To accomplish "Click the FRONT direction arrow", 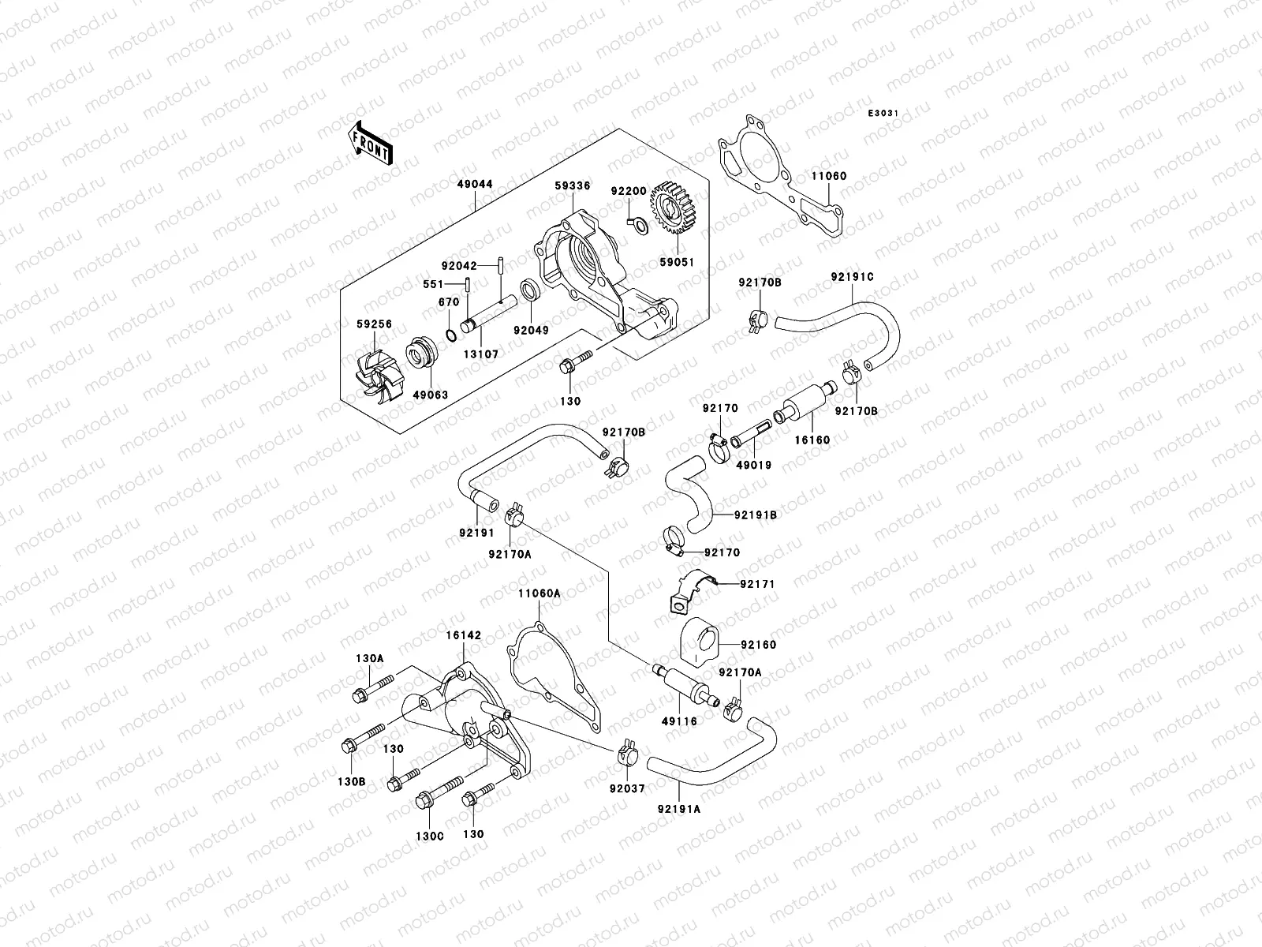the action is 370,144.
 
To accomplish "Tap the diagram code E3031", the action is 883,114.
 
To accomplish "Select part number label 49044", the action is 475,184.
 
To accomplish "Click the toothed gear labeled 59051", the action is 674,208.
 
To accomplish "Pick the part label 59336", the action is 572,185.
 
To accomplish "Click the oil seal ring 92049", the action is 530,291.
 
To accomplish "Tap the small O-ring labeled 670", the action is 451,335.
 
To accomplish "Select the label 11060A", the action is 539,593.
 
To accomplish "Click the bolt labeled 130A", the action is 373,687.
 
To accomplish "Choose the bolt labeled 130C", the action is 439,792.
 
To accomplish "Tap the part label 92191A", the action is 679,809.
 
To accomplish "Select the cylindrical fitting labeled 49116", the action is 684,686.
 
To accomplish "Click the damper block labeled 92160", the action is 699,643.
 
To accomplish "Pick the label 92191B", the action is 755,515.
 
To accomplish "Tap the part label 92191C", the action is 852,277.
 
